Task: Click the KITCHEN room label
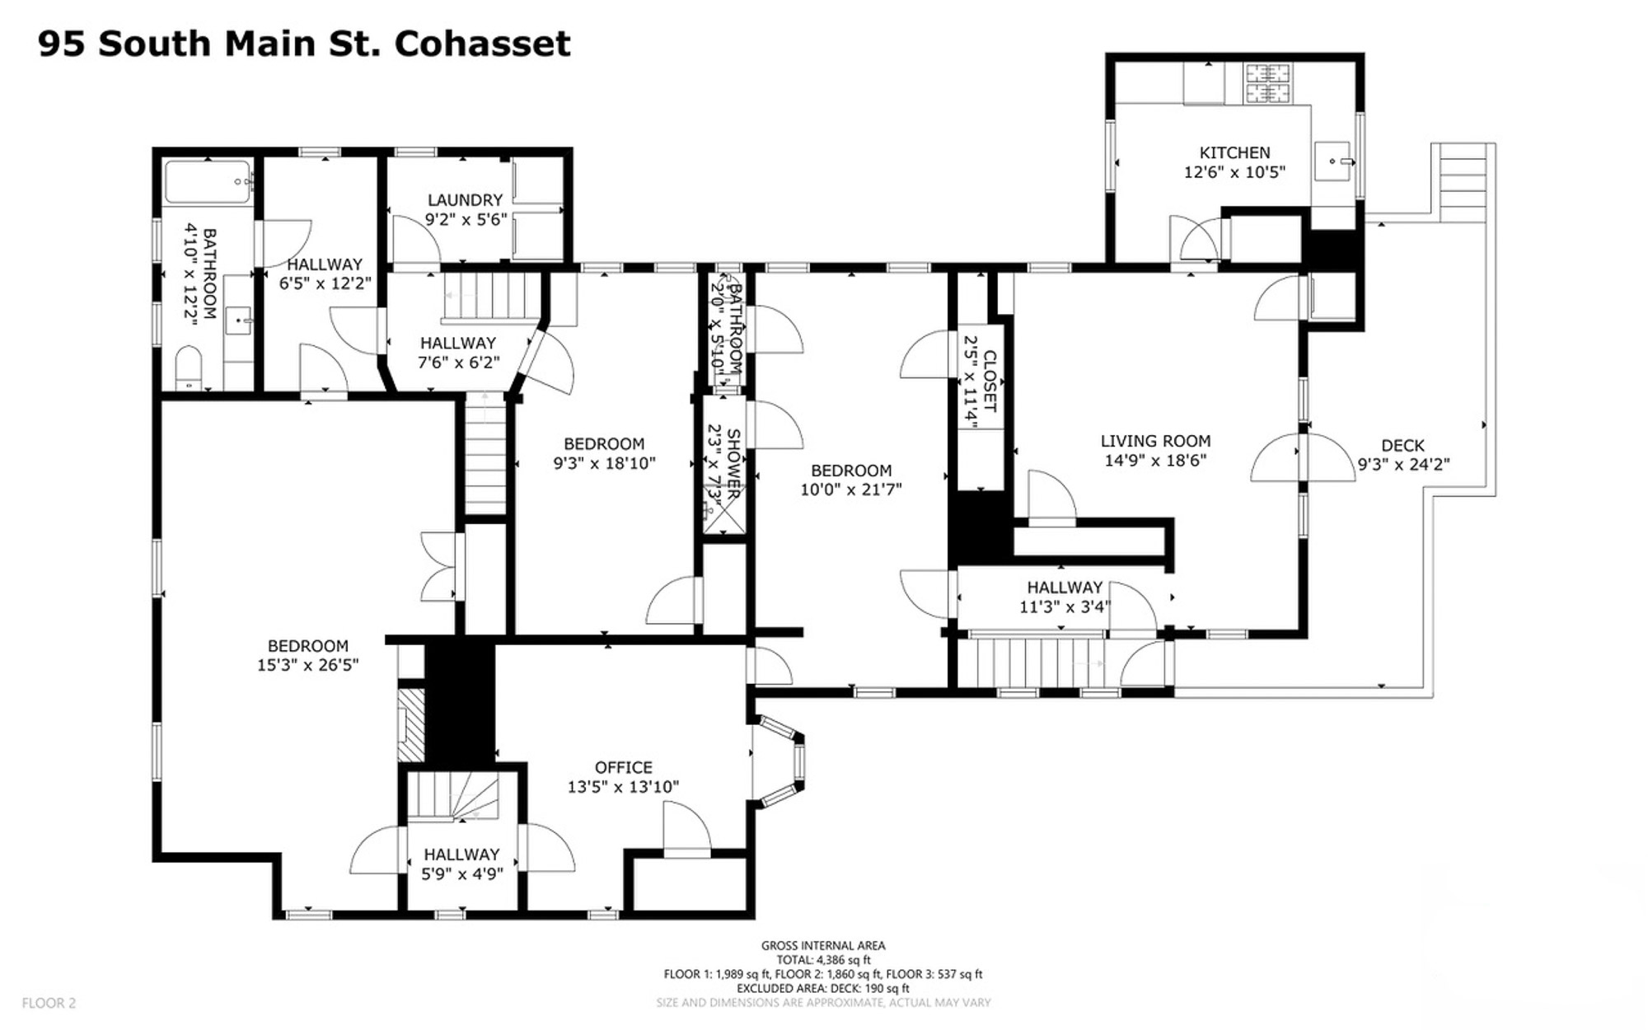click(x=1234, y=152)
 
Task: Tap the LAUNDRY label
click(x=465, y=199)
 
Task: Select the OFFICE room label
click(x=624, y=767)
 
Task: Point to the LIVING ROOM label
click(x=1155, y=441)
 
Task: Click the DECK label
click(x=1403, y=446)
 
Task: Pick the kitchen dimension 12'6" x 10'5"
click(x=1234, y=172)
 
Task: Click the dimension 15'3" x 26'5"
click(x=308, y=665)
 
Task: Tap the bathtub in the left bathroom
click(x=208, y=182)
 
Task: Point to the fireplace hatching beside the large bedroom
click(x=411, y=724)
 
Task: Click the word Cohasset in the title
click(x=482, y=44)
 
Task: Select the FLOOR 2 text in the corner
click(x=49, y=1003)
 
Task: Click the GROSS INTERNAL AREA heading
click(x=823, y=946)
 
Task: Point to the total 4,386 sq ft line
click(x=823, y=960)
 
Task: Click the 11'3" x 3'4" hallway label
click(x=1065, y=607)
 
